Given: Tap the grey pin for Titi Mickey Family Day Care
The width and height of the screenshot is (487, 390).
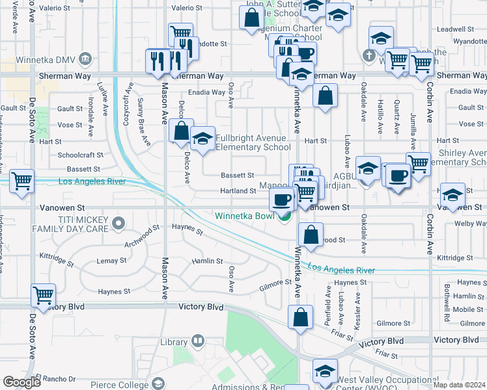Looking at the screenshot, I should pyautogui.click(x=118, y=225).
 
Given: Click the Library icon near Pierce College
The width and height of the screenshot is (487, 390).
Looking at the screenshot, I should pyautogui.click(x=197, y=341).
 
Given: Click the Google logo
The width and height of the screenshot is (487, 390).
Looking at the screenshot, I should pyautogui.click(x=21, y=382).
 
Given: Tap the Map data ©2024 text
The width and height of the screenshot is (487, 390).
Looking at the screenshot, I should pyautogui.click(x=459, y=385).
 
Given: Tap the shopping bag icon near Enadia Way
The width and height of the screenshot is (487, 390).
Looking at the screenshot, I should pyautogui.click(x=325, y=96).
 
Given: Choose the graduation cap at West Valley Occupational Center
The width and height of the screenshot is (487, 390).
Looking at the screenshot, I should pyautogui.click(x=325, y=371).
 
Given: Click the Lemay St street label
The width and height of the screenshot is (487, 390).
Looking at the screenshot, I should pyautogui.click(x=111, y=261).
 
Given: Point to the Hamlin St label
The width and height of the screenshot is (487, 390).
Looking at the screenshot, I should pyautogui.click(x=207, y=261).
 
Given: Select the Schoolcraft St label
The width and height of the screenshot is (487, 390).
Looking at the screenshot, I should pyautogui.click(x=80, y=155).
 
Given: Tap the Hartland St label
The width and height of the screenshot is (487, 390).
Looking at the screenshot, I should pyautogui.click(x=238, y=191).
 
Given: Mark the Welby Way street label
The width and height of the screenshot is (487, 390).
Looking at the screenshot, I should pyautogui.click(x=471, y=224).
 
